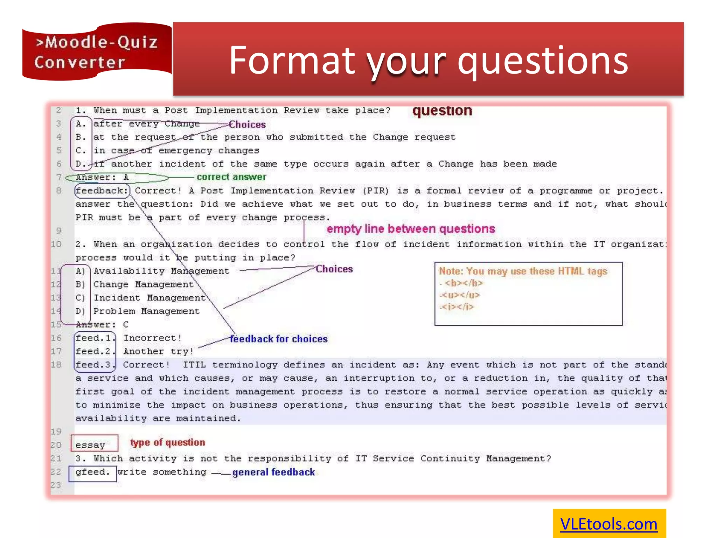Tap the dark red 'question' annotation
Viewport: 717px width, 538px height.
442,111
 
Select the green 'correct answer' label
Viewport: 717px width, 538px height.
231,177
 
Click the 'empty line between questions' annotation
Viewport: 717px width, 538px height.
410,229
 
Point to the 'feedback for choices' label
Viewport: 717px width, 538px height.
278,339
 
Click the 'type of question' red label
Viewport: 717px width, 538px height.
167,442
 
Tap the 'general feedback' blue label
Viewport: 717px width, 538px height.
273,472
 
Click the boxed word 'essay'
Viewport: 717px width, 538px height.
90,445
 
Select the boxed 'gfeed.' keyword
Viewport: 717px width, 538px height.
92,472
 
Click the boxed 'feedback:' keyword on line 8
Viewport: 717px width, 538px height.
102,191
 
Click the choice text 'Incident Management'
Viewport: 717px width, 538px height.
149,298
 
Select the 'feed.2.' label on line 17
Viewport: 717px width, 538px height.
93,351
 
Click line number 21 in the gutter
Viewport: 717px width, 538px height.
56,458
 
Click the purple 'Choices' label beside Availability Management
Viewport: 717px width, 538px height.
334,269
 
